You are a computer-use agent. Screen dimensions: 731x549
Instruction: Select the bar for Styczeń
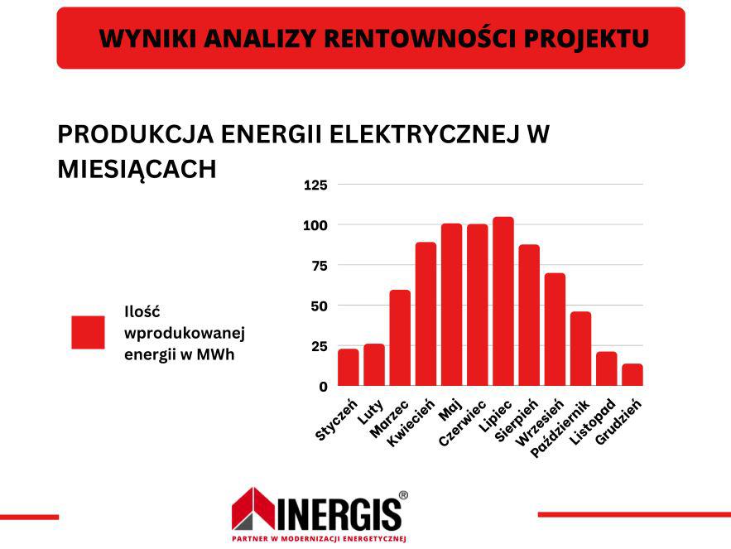[349, 367]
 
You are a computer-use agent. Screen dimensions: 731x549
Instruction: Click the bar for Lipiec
[503, 301]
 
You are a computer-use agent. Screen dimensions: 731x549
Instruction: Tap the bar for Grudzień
[632, 374]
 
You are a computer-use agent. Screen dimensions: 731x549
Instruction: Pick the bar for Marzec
[400, 338]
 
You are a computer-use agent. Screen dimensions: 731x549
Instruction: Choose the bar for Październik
[581, 349]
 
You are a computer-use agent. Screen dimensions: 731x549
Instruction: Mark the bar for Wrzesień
[555, 330]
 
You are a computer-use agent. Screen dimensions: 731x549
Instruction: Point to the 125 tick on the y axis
[315, 185]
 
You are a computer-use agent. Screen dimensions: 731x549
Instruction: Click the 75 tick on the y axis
[320, 266]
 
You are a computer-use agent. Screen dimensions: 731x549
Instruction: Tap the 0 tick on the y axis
[324, 387]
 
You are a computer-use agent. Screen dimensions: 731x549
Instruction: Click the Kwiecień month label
[411, 422]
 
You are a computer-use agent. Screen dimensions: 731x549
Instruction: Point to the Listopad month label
[593, 422]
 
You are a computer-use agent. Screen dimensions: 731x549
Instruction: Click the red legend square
[88, 332]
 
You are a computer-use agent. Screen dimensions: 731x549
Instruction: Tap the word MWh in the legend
[215, 354]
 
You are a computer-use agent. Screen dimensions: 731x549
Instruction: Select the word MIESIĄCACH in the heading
[137, 169]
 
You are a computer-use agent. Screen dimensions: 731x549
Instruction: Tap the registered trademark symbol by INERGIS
[403, 495]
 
